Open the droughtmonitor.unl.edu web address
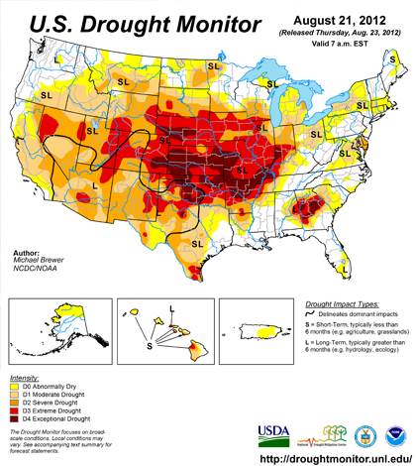(335, 457)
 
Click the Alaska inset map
(55, 327)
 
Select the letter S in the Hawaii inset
(151, 347)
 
